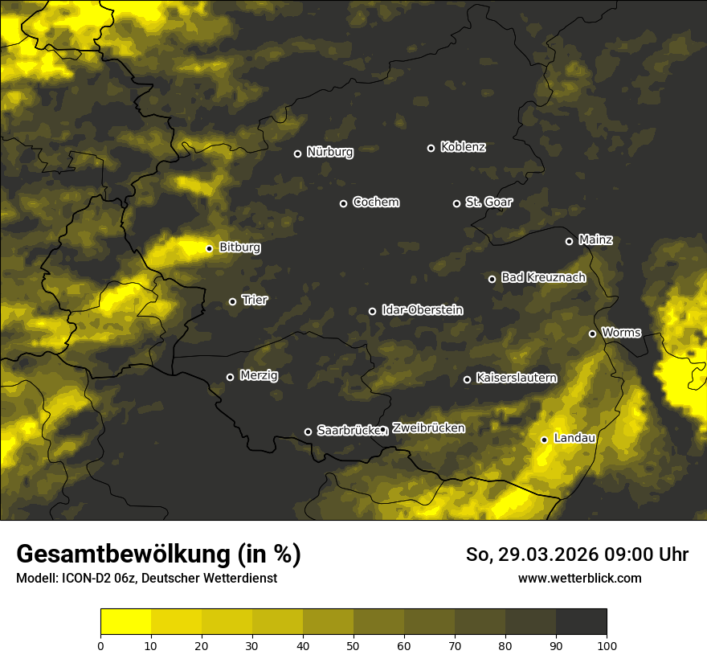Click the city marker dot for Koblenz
click(431, 148)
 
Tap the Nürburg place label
click(329, 152)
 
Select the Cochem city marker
click(343, 203)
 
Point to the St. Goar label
click(488, 203)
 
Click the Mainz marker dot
click(569, 241)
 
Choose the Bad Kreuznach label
click(543, 277)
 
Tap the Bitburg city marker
click(209, 248)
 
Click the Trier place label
click(255, 300)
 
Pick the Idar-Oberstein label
click(422, 310)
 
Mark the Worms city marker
click(592, 333)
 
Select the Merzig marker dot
click(230, 377)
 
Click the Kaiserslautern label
click(516, 378)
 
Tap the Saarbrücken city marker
click(308, 432)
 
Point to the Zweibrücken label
click(428, 428)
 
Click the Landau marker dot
click(544, 440)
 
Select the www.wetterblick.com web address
click(579, 578)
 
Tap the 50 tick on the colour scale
click(353, 644)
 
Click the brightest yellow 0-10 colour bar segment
click(125, 621)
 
